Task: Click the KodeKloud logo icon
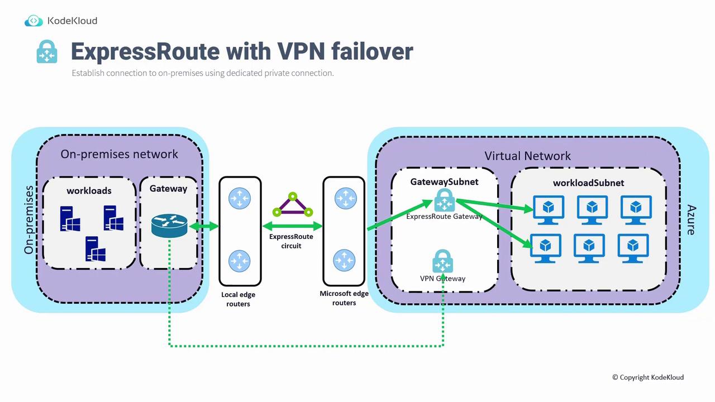click(x=34, y=21)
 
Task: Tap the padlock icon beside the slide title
click(x=47, y=51)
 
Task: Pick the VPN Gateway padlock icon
click(x=442, y=261)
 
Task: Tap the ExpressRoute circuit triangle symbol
click(x=292, y=205)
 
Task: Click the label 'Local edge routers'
click(x=239, y=299)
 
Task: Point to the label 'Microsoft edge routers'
click(x=344, y=298)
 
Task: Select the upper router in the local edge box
click(x=240, y=198)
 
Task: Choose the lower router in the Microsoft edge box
click(x=344, y=260)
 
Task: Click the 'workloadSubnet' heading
click(x=588, y=183)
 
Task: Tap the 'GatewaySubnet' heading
click(x=444, y=181)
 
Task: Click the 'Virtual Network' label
click(x=527, y=156)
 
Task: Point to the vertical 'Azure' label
click(x=691, y=219)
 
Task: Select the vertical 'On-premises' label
click(x=29, y=220)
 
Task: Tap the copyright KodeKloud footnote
click(x=647, y=377)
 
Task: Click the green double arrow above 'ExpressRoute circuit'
click(x=292, y=226)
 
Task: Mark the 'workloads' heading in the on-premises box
click(x=89, y=190)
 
